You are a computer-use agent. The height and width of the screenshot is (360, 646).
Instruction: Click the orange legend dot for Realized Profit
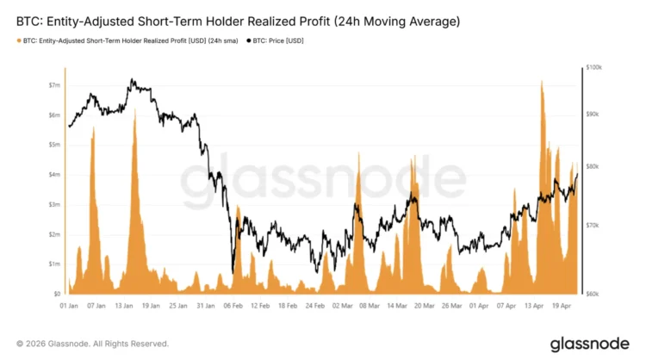point(20,40)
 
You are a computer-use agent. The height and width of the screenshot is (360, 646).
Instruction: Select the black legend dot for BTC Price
point(250,40)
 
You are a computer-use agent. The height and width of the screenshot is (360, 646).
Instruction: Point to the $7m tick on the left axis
point(54,85)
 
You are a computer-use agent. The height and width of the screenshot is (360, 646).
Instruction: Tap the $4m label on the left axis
point(54,175)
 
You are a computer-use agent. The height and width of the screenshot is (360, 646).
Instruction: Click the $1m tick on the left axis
point(54,264)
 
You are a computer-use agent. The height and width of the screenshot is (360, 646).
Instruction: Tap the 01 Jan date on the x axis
point(70,305)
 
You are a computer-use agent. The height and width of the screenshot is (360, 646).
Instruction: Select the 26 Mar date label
point(453,305)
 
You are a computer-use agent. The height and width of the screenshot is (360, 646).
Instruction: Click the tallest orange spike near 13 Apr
point(542,82)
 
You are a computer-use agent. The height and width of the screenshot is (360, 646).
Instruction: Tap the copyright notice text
point(93,343)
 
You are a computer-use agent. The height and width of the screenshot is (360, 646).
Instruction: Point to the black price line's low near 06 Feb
point(233,269)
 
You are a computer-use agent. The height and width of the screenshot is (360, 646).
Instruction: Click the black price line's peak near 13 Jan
point(132,79)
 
